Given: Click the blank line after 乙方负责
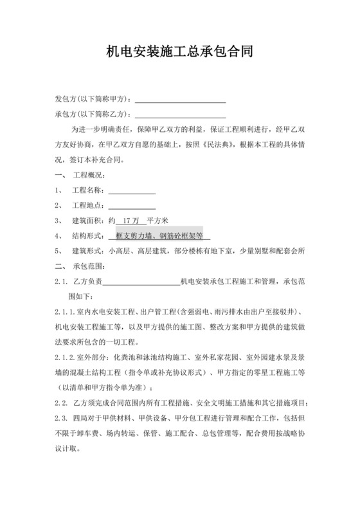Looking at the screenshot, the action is (x=141, y=281).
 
